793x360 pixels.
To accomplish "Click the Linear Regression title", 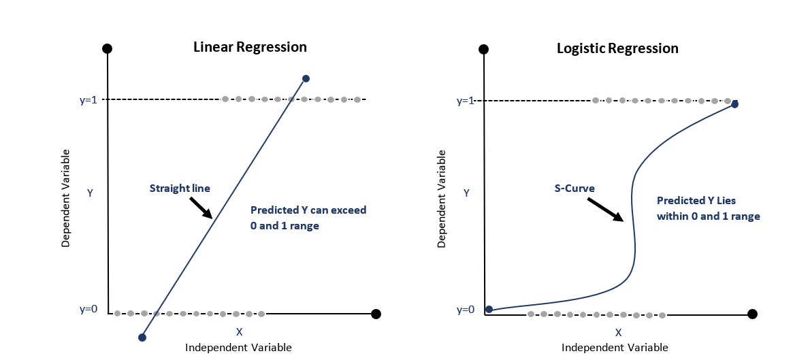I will click(250, 48).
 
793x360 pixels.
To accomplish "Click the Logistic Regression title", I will click(617, 49).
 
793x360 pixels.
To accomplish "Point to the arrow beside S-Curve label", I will click(606, 210).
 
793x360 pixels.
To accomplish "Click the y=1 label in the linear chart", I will click(88, 100).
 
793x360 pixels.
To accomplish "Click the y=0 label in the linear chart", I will click(88, 309).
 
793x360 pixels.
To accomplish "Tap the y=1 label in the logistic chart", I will click(465, 101).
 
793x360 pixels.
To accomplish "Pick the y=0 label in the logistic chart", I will click(465, 310).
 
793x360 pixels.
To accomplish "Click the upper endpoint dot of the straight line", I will click(306, 79).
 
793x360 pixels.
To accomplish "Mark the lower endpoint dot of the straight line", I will click(142, 337).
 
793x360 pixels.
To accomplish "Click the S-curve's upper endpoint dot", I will click(734, 104).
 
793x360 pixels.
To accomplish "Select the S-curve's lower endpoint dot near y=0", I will click(488, 310).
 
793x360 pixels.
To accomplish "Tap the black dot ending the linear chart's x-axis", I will click(376, 314).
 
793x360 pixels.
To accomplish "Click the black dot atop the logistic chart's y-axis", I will click(483, 49).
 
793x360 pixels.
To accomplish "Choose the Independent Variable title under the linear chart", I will click(238, 348).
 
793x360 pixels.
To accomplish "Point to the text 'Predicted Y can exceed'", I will click(308, 210).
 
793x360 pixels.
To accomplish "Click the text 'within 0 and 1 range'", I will click(708, 216).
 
